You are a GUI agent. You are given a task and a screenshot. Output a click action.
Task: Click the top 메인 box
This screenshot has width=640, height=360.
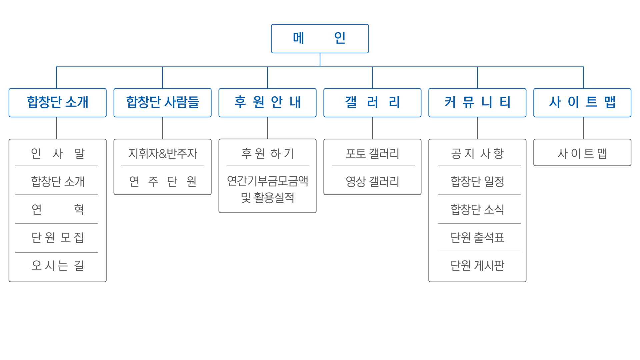pos(320,38)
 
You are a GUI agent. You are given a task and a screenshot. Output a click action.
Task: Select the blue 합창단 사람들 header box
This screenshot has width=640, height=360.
pos(162,102)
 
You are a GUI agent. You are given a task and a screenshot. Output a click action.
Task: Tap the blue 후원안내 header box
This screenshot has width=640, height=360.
pos(267,102)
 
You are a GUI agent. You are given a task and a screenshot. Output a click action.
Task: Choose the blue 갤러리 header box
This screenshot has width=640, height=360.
pos(372,102)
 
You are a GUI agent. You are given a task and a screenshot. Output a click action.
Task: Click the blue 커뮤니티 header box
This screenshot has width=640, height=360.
pos(477,102)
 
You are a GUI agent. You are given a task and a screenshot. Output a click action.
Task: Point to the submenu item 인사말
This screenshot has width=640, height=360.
pos(58,153)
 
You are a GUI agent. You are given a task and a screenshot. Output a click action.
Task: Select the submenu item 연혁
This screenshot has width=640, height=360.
pos(58,209)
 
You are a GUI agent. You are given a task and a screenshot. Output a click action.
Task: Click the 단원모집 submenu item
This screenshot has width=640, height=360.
pos(58,237)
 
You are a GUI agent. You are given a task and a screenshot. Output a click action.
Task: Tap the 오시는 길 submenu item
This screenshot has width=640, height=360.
pos(58,265)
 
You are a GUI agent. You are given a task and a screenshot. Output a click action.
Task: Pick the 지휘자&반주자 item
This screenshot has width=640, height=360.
pos(162,153)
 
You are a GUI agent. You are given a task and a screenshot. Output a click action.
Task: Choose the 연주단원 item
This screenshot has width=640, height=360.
pos(162,181)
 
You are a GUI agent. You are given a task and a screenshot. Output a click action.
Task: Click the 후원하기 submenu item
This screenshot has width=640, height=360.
pos(267,153)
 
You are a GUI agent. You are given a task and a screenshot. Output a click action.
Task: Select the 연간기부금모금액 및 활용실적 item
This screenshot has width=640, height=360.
pos(267,189)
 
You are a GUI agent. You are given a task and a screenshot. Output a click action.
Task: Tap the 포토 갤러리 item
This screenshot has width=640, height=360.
pos(372,153)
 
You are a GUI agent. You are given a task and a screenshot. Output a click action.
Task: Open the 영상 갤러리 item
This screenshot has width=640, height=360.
pos(372,181)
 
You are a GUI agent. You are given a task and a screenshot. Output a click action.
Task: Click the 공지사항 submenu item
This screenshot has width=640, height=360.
pos(477,153)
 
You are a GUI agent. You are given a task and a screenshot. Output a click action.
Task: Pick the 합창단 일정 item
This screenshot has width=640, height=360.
pos(477,181)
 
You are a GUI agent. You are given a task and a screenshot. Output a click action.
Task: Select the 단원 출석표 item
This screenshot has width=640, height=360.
pos(477,237)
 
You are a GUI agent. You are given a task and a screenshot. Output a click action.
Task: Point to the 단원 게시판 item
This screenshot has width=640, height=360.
pos(477,265)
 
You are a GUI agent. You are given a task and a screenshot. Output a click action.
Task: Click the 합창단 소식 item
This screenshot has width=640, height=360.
pos(477,209)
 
